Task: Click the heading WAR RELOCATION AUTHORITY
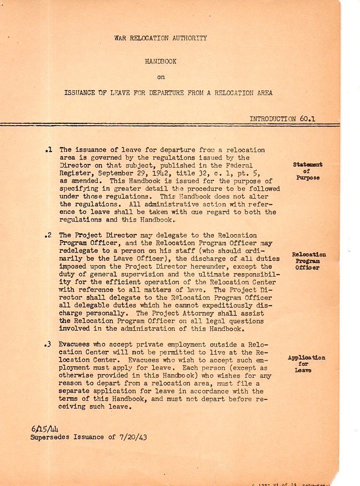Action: (161, 38)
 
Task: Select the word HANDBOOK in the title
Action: (161, 62)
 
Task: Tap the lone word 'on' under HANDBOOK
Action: (161, 77)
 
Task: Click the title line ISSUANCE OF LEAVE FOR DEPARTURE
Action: (168, 93)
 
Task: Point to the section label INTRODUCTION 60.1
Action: (283, 119)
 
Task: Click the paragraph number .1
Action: (48, 150)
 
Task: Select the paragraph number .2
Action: (48, 236)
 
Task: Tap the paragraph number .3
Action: (48, 344)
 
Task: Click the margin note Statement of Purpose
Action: (308, 171)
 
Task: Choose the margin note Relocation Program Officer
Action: (309, 261)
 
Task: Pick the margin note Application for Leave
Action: (306, 364)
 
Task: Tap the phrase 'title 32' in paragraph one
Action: (183, 172)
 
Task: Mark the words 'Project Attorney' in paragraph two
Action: (167, 314)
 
